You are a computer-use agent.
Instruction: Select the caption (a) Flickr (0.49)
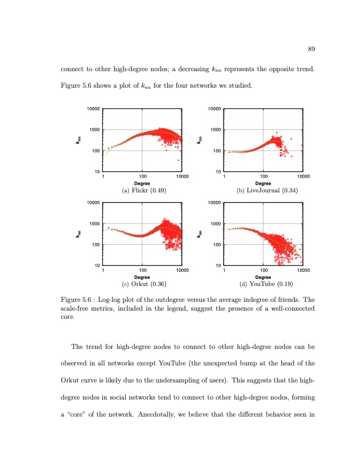pos(142,191)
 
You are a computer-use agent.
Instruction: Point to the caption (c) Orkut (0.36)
pos(142,284)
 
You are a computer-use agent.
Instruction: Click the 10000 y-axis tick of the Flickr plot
pos(93,109)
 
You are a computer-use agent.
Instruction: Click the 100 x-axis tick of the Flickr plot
pos(142,177)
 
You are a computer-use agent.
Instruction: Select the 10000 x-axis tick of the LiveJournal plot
pos(303,177)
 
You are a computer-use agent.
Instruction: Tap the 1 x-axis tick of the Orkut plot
pos(103,271)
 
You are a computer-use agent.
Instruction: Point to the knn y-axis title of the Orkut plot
pos(78,234)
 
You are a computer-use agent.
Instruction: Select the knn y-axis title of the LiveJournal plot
pos(199,141)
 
